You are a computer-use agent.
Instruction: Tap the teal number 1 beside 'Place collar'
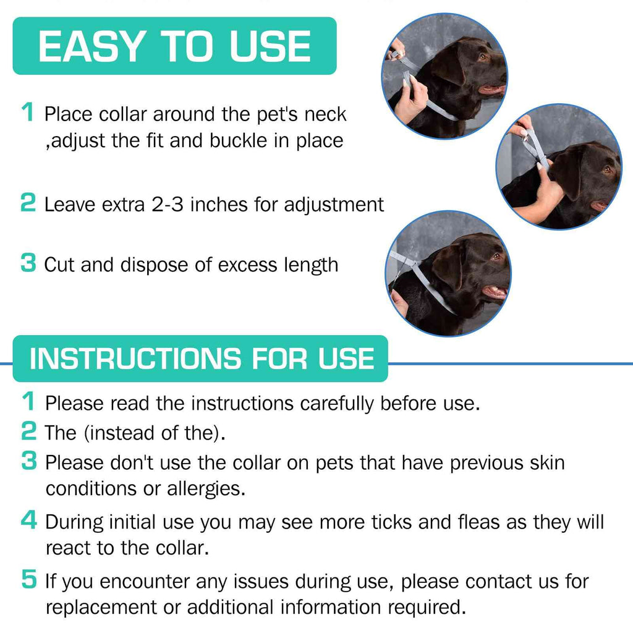tap(28, 113)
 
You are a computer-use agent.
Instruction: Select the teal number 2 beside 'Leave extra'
tap(28, 203)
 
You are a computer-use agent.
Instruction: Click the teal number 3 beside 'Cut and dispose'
tap(28, 263)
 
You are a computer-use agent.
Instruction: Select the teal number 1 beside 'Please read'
tap(28, 402)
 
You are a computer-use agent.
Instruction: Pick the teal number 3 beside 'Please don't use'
tap(28, 461)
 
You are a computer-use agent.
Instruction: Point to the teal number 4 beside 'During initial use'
tap(28, 520)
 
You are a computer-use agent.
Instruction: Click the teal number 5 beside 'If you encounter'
tap(28, 580)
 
